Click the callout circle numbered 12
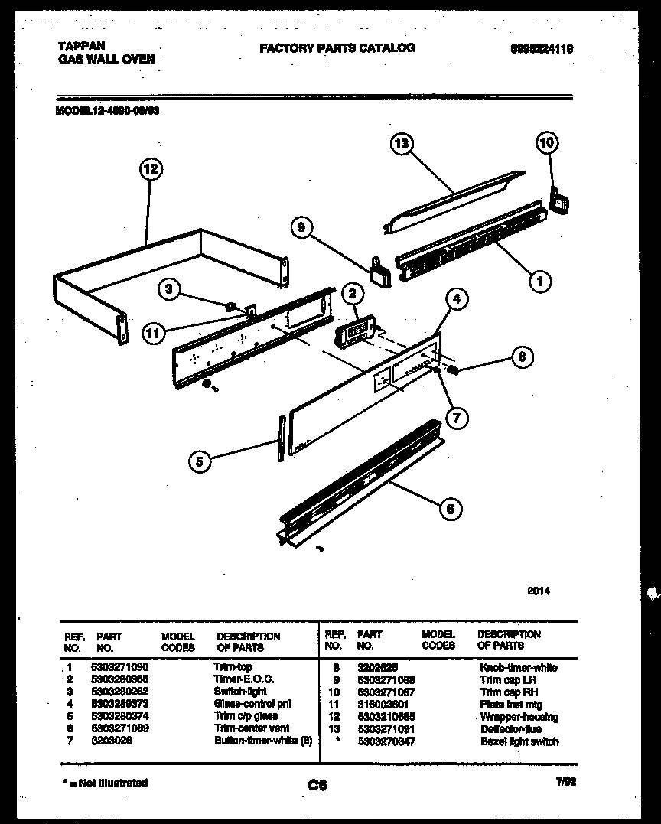[151, 169]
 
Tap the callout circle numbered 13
[402, 144]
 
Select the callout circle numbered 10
[546, 142]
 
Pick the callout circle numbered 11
[153, 332]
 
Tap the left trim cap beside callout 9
[379, 271]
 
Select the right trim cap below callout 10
[560, 203]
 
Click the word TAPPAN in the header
[80, 47]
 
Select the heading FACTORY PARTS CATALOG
[337, 47]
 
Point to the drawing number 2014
[539, 591]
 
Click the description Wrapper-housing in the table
[519, 717]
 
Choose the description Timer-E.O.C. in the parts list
[243, 679]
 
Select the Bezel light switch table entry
[519, 741]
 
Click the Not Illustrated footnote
[105, 783]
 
